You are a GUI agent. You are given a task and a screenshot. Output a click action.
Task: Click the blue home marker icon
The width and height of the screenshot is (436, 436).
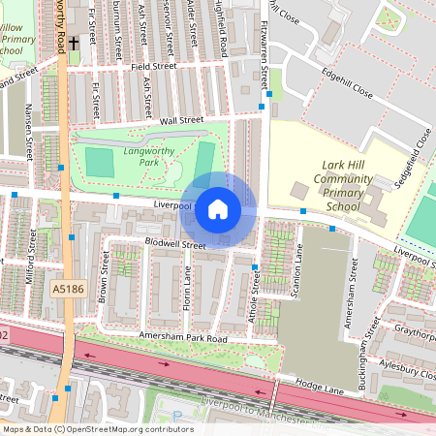tap(218, 209)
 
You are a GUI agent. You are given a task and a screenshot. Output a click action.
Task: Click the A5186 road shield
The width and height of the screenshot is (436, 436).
tap(68, 289)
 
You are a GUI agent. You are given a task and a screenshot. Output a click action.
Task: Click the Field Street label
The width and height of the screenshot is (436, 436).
tap(153, 67)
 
